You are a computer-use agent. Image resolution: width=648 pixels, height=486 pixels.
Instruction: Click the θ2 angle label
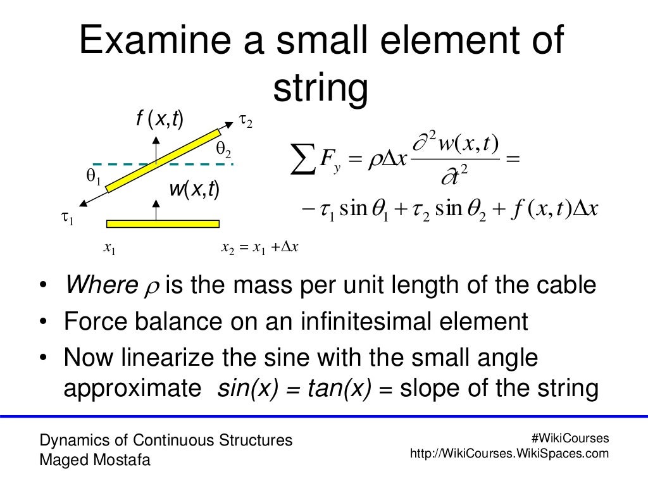(x=223, y=150)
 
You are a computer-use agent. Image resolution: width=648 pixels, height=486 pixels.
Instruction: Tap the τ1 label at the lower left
(x=68, y=219)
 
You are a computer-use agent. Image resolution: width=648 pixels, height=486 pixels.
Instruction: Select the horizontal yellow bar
(x=163, y=223)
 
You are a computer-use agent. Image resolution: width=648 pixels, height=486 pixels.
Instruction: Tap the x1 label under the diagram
(x=109, y=249)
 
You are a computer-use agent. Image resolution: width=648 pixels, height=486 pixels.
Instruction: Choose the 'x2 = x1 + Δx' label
(x=259, y=247)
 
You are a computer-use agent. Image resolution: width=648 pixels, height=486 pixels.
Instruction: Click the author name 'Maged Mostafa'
(x=95, y=460)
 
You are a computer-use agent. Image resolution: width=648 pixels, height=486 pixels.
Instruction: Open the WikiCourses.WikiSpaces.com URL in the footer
(x=509, y=453)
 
